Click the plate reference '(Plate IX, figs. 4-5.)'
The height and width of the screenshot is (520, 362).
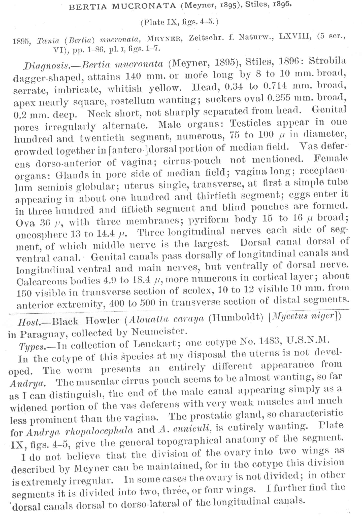(179, 22)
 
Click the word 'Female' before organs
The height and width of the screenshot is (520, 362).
(331, 159)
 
